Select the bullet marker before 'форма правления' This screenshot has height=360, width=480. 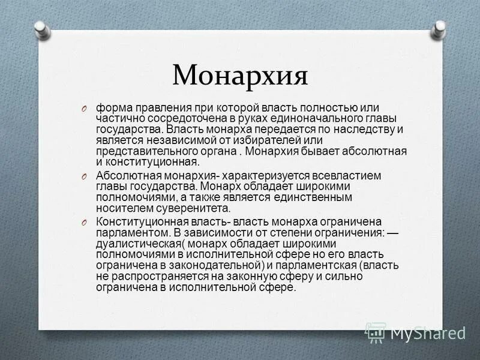[x=86, y=108]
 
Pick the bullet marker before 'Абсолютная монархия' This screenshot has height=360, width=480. [x=86, y=176]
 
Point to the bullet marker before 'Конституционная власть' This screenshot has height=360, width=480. [x=86, y=223]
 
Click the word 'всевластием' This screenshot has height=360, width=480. [x=352, y=175]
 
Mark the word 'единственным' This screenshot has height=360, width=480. [x=313, y=197]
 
